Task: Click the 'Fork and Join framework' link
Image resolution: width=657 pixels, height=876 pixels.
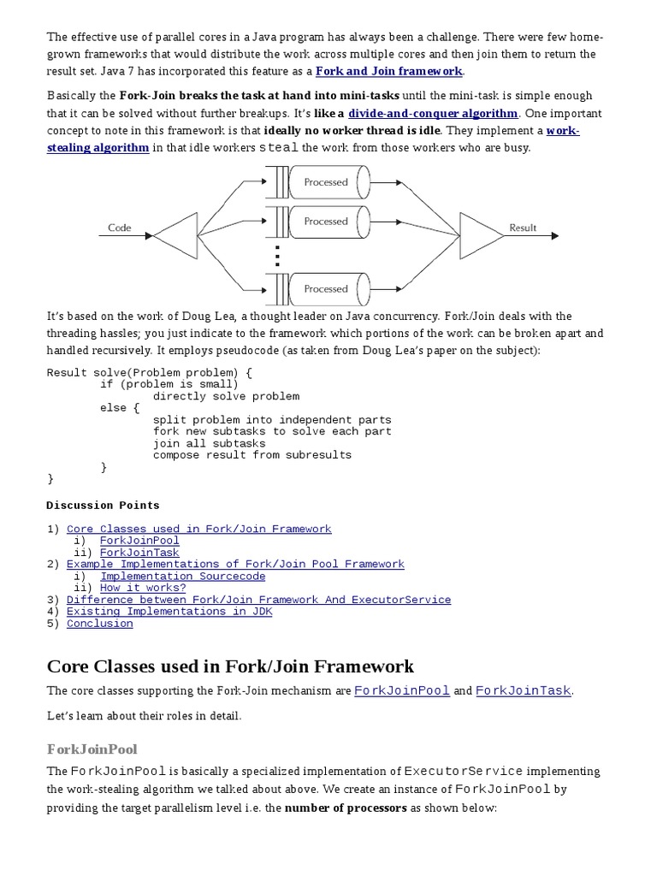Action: [x=389, y=71]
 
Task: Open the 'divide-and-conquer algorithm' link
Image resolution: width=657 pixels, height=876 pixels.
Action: [x=433, y=113]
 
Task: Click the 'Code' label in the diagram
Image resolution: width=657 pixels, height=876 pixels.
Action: [x=120, y=228]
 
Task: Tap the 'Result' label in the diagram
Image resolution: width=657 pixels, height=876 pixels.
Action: [x=523, y=228]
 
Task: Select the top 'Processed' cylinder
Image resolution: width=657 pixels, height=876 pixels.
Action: [x=326, y=182]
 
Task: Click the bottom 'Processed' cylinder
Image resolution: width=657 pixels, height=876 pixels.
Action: [x=326, y=289]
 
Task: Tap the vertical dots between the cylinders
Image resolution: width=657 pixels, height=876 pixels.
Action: [x=276, y=255]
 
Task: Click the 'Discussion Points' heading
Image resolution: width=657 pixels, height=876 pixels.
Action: [x=103, y=506]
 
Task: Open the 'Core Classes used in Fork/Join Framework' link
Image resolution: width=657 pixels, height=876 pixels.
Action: [x=198, y=529]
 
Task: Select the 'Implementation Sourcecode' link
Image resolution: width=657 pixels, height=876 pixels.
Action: [x=182, y=577]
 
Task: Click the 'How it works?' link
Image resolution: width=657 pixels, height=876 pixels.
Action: [x=142, y=588]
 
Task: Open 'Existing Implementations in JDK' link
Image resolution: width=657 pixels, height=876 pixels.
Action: [x=169, y=612]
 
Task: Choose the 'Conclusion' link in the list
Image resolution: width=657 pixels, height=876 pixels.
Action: [x=100, y=624]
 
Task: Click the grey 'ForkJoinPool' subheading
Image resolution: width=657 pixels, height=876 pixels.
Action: [x=92, y=749]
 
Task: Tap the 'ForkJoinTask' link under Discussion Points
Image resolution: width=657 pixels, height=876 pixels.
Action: [x=139, y=553]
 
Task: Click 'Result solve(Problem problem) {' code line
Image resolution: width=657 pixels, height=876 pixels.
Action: [x=150, y=373]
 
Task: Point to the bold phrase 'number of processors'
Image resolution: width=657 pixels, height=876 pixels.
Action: [x=346, y=808]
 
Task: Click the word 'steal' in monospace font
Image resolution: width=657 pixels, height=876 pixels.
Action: [x=279, y=147]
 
